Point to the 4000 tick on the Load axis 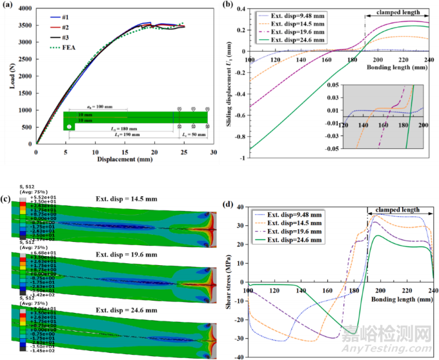pos(25,10)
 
